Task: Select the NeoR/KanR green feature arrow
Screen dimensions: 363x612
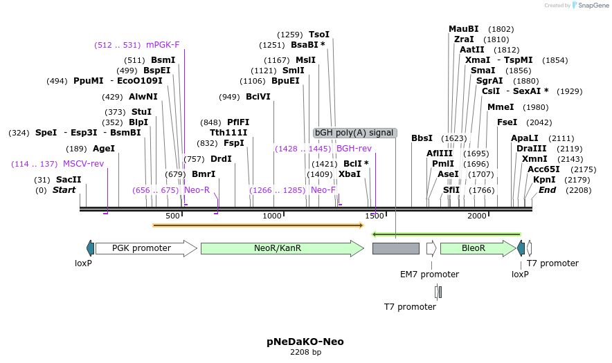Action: (281, 248)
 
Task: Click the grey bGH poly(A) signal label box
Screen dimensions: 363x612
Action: (354, 133)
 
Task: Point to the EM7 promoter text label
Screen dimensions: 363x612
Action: (429, 274)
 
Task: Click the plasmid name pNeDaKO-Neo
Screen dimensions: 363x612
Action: (305, 342)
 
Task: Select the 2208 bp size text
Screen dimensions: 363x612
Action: (305, 352)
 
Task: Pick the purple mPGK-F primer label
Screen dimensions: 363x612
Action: (163, 45)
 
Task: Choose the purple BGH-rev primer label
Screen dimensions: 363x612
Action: (354, 149)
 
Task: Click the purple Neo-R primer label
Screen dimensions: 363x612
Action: (197, 190)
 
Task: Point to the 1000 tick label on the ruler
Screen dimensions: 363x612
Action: (273, 216)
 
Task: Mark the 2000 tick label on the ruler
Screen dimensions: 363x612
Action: (477, 216)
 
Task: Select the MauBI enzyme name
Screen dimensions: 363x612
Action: (463, 29)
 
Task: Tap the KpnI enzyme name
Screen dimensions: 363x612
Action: (544, 180)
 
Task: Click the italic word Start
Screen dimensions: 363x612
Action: (64, 190)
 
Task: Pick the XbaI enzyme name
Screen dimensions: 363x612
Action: (350, 174)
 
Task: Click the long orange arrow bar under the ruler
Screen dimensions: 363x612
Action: (258, 225)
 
